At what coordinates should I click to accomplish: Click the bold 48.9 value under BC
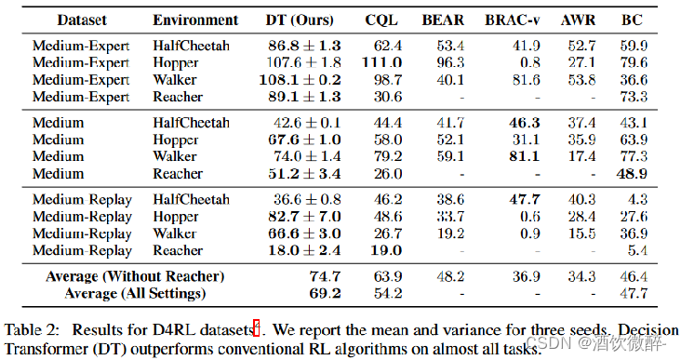point(632,174)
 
